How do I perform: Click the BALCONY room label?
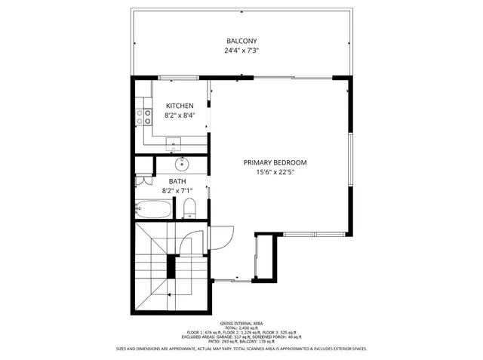point(241,41)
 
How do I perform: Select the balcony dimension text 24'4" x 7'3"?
point(241,51)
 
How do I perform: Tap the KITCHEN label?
point(180,106)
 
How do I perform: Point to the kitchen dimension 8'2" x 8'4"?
point(180,115)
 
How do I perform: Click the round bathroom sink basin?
point(182,163)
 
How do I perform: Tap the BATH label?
point(177,181)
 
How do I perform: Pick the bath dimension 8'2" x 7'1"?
point(177,191)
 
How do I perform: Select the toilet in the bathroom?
point(190,208)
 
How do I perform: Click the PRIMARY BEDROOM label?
point(275,162)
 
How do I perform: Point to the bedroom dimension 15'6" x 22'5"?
point(275,172)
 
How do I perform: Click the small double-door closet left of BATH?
point(140,181)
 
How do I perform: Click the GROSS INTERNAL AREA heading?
point(241,322)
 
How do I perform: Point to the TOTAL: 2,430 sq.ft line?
point(241,328)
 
